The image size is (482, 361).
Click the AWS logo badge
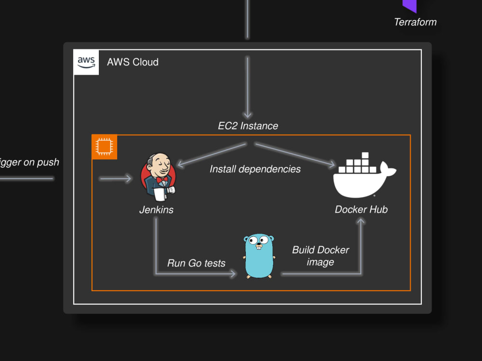(x=86, y=62)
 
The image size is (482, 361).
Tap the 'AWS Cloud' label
(x=133, y=62)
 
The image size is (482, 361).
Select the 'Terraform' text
(x=415, y=22)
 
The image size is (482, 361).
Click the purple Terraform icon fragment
(x=409, y=5)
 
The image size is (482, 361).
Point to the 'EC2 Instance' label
(x=248, y=126)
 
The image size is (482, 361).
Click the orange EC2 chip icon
(x=105, y=147)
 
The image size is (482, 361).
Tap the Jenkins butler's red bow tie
(x=162, y=180)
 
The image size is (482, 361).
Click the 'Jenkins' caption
(x=156, y=210)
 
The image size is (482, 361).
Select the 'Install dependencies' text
(x=255, y=169)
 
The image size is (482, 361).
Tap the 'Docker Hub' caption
(x=361, y=210)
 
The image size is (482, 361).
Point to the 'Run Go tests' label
(x=196, y=263)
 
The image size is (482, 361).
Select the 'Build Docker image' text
(x=321, y=256)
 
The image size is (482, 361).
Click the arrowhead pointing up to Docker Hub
(x=361, y=221)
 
